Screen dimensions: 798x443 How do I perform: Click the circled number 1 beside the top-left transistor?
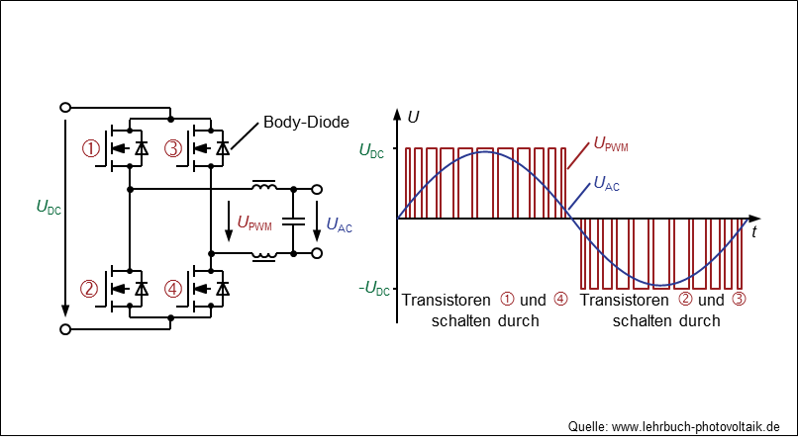90,149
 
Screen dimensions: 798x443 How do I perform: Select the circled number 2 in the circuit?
88,289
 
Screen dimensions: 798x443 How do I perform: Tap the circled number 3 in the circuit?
173,149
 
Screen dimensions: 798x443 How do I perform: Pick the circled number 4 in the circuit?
173,289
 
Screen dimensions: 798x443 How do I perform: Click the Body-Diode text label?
306,122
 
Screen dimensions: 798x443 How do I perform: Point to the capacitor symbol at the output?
294,221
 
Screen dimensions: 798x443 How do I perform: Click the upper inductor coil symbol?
264,186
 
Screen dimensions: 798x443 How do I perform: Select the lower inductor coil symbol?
264,256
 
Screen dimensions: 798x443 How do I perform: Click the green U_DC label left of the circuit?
49,208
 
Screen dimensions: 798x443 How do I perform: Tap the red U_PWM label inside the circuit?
254,223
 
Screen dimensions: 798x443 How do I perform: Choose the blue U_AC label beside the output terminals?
339,224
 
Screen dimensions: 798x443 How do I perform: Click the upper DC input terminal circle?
65,107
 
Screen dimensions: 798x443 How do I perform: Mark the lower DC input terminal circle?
65,329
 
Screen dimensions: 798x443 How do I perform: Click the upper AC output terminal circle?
317,190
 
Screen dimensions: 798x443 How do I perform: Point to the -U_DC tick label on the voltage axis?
374,289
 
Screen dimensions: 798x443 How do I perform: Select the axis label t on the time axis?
753,231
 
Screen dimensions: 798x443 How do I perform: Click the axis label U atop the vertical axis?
413,118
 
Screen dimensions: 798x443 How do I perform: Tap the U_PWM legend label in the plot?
611,144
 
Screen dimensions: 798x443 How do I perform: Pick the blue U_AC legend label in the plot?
607,183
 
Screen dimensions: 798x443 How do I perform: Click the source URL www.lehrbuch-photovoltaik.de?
696,426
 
